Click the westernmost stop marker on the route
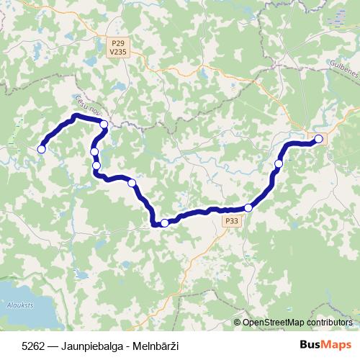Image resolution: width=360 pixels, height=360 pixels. point(42,149)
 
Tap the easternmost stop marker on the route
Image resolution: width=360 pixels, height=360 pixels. point(319,138)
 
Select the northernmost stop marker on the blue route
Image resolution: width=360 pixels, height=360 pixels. point(104,125)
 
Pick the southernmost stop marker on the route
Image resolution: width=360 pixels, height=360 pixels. point(165,223)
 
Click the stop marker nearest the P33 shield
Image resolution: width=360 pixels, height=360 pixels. point(248,207)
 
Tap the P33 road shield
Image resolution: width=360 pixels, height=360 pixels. point(231,221)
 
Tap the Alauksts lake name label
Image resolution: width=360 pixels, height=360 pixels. point(15,306)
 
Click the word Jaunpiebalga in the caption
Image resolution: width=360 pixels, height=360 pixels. point(87,346)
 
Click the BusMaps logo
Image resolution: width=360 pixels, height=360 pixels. point(328,346)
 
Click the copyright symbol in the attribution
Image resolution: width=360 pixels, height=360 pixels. point(238,323)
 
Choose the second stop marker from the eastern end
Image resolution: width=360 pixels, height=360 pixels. point(279,164)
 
